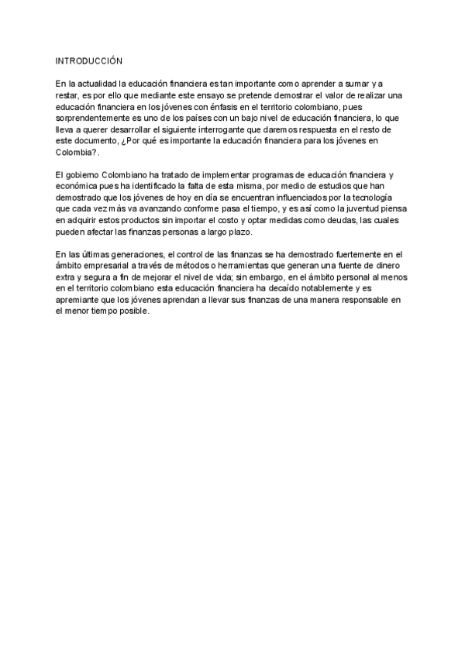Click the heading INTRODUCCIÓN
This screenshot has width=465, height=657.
89,60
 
